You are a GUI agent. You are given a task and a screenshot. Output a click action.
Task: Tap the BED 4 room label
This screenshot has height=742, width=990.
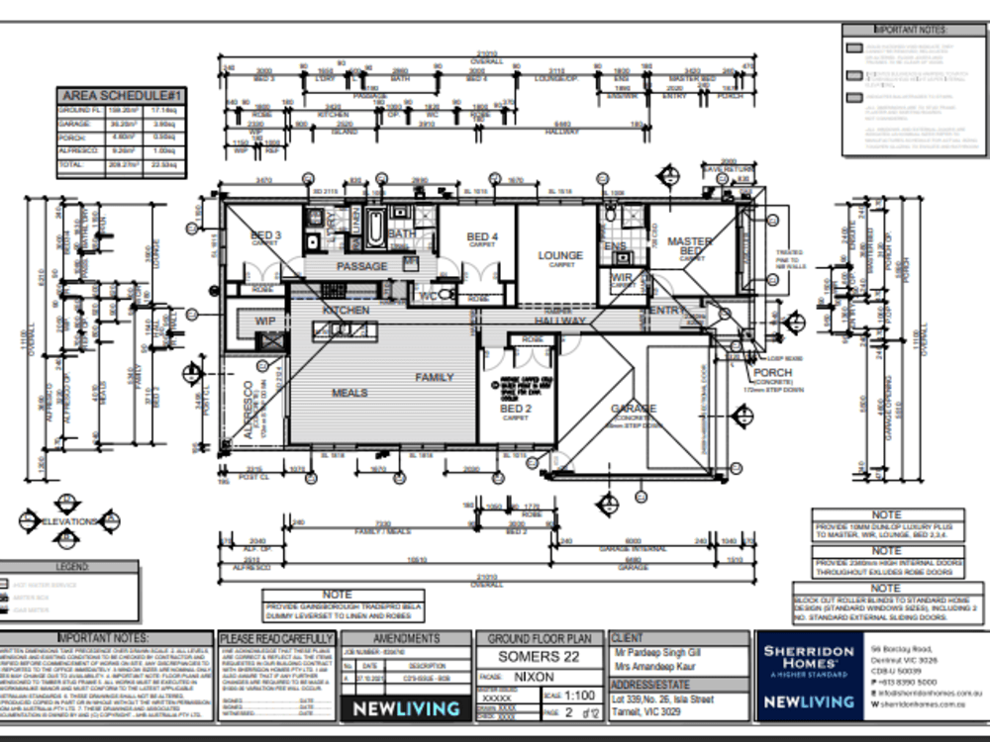(x=481, y=236)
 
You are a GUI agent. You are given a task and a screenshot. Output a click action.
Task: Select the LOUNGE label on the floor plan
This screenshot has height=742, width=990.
(x=560, y=255)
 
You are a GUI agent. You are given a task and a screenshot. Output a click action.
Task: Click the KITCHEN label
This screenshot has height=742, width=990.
(x=346, y=310)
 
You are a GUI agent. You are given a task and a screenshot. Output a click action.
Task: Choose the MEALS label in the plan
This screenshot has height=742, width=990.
(x=349, y=393)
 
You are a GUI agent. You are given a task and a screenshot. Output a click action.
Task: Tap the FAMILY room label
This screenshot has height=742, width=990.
(x=434, y=377)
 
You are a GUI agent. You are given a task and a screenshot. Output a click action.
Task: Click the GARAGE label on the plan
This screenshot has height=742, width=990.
(x=634, y=408)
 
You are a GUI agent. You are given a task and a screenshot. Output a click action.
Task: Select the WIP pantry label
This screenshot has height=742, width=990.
(x=265, y=321)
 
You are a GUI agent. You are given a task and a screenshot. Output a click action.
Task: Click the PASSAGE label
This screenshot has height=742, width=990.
(x=361, y=267)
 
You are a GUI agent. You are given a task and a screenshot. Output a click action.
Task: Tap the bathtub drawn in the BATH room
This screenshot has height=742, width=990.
(x=377, y=230)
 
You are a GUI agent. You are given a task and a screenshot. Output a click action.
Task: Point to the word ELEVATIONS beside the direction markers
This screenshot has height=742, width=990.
(x=67, y=520)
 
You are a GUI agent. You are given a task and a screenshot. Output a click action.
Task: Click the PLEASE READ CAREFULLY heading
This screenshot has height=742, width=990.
(x=276, y=639)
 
